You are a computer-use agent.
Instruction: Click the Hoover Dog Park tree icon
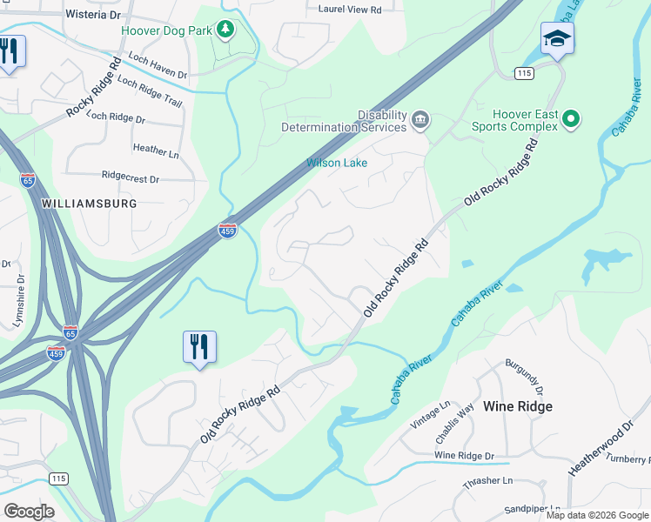225,30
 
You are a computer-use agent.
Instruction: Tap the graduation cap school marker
557,39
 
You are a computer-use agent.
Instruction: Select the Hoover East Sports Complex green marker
571,118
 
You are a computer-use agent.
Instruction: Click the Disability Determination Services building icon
419,119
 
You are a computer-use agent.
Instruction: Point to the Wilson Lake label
337,163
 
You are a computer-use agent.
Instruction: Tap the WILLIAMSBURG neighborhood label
90,203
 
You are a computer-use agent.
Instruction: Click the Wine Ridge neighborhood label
518,406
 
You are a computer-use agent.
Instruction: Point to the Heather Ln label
155,150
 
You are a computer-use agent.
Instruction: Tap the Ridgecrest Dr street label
131,177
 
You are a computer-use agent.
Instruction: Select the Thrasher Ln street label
489,480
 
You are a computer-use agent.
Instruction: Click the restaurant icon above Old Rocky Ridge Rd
199,347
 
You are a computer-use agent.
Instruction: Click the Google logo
30,512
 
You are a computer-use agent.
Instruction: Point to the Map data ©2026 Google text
596,515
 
